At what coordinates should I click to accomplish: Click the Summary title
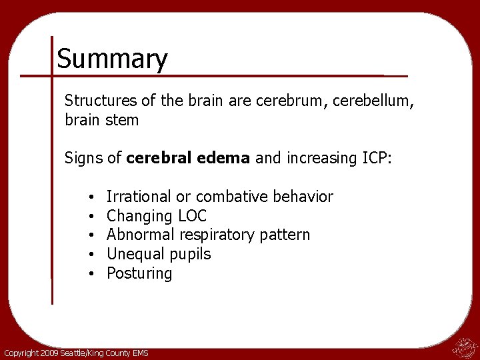(x=112, y=59)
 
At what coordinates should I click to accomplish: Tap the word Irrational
(x=139, y=197)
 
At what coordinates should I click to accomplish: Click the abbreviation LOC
(x=193, y=216)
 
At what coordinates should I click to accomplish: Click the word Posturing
(x=139, y=273)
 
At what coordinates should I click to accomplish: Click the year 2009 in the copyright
(x=49, y=353)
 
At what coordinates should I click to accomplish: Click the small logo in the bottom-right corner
(x=464, y=347)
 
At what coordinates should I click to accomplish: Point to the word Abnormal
(x=138, y=235)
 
